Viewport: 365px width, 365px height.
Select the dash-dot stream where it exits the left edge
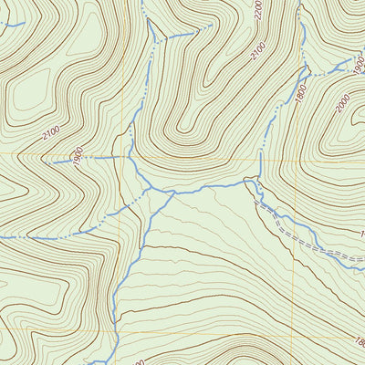pyautogui.click(x=2, y=238)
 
